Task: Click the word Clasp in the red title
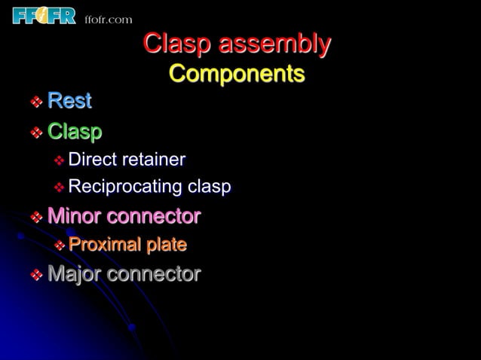(x=177, y=44)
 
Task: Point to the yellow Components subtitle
(x=237, y=74)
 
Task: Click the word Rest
(x=69, y=100)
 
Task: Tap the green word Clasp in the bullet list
(x=75, y=132)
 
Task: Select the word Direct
(x=92, y=160)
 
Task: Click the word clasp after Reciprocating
(x=209, y=187)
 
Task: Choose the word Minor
(x=74, y=217)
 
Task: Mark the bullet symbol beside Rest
(x=35, y=102)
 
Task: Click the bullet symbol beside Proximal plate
(x=58, y=246)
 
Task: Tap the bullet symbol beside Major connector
(x=35, y=275)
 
